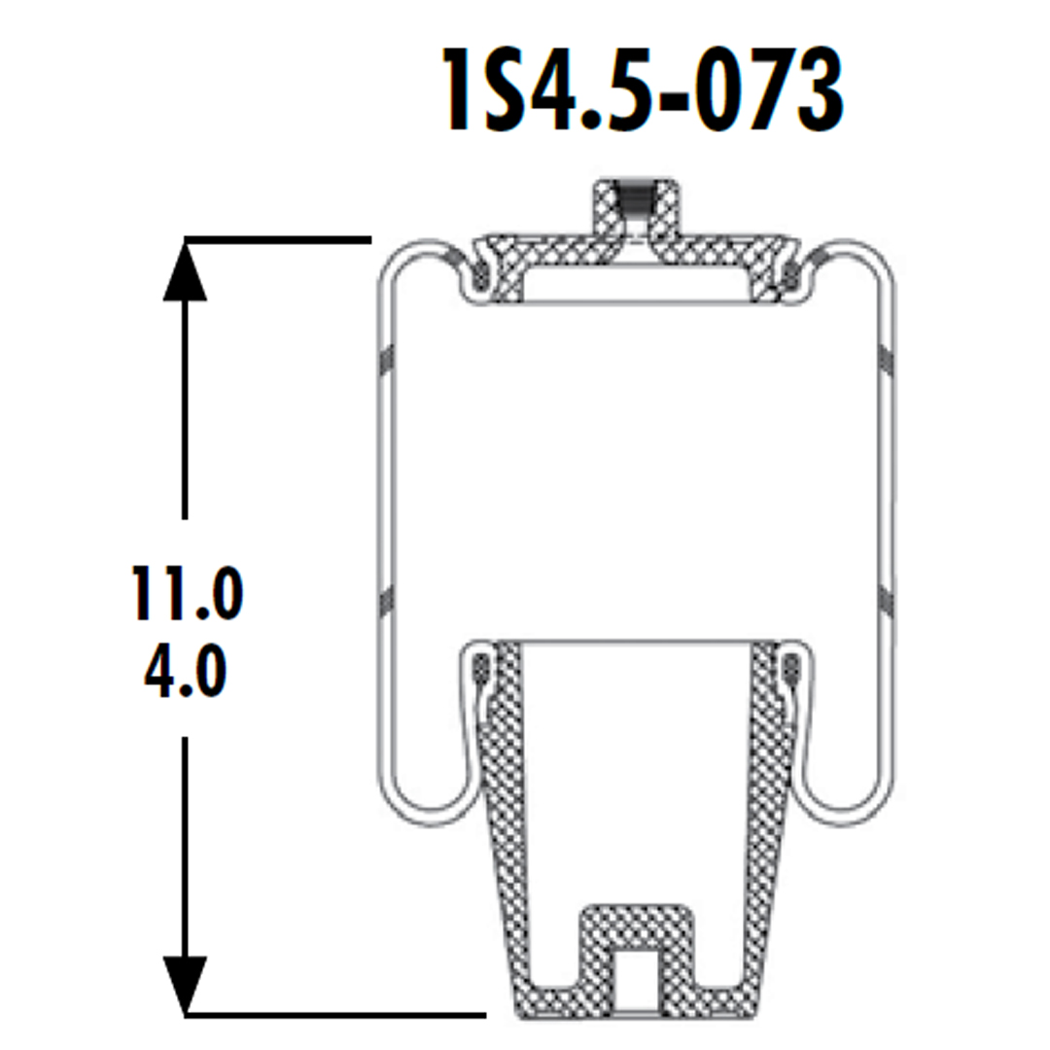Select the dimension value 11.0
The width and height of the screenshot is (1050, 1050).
185,595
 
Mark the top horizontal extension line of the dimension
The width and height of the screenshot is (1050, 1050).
278,238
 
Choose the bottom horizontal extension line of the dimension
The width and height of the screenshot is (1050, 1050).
334,1014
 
